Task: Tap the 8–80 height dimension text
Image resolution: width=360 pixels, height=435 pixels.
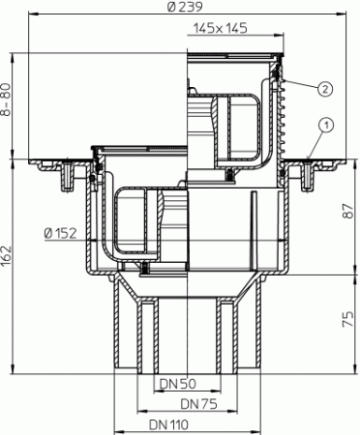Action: (10, 99)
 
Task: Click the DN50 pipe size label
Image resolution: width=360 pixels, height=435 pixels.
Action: (180, 384)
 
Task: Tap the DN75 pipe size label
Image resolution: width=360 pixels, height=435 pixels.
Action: (199, 403)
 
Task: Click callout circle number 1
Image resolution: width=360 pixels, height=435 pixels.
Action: (328, 125)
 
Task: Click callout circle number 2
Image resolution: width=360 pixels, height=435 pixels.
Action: (326, 87)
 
